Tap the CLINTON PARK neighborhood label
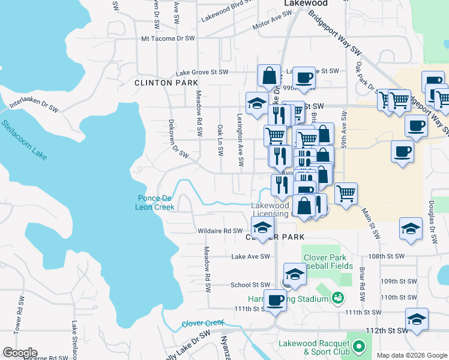[x=157, y=83]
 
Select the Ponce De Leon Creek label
[x=155, y=203]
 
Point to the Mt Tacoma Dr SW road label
[x=168, y=38]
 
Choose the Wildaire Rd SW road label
[x=220, y=230]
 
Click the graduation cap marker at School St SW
[x=295, y=274]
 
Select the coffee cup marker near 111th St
[x=276, y=299]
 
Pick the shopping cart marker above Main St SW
[x=346, y=194]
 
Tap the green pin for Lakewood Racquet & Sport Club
[x=359, y=346]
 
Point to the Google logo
[x=20, y=353]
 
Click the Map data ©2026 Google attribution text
[x=412, y=355]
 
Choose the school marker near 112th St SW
[x=417, y=319]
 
